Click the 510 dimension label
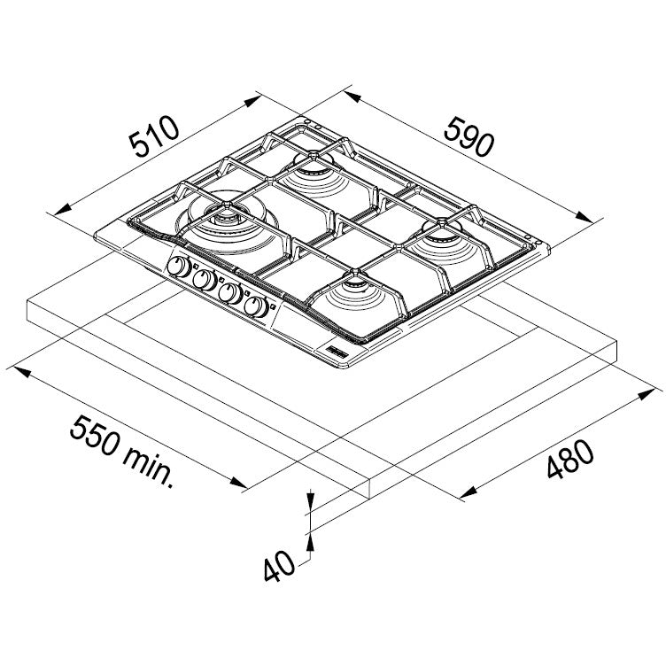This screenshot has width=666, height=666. pos(154,136)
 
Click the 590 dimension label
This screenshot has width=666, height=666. pos(469,136)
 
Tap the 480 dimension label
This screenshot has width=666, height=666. pos(570,459)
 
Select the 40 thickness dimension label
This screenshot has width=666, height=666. pos(279,567)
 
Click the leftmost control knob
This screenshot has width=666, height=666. pos(179,267)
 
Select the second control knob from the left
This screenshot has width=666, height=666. pos(205,280)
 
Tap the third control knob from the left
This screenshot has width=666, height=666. pos(229,292)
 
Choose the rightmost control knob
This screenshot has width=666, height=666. pos(256,306)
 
